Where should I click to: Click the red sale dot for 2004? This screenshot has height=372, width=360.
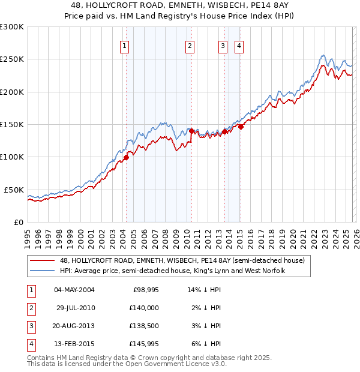(126, 158)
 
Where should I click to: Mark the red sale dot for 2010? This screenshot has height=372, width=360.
(191, 131)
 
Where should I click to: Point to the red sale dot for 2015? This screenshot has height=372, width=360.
(240, 127)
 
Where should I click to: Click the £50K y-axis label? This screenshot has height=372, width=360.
(14, 190)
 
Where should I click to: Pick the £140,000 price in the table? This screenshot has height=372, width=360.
(146, 308)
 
